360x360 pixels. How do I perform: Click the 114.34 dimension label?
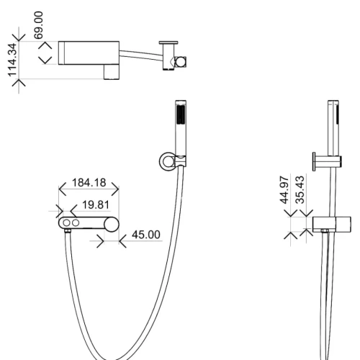point(12,60)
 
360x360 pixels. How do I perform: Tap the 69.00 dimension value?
point(38,25)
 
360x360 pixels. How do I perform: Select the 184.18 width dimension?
point(89,183)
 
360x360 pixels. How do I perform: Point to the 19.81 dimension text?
point(96,204)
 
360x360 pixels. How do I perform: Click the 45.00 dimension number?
point(146,235)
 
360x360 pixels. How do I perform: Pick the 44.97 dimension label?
point(284,190)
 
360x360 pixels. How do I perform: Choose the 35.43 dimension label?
point(300,190)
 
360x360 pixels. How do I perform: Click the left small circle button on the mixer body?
point(66,223)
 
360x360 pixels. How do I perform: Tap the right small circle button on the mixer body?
point(76,223)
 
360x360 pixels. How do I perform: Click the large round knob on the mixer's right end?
point(112,225)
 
